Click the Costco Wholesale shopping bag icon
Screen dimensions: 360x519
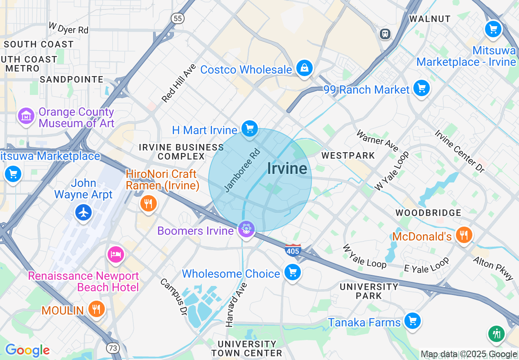tap(305, 68)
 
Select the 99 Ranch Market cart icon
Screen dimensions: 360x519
tap(421, 88)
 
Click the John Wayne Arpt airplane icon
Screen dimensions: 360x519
tap(84, 212)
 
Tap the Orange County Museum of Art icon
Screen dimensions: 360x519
tap(26, 116)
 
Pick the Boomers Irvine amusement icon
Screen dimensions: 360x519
tap(246, 229)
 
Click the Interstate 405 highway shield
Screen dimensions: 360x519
tap(293, 250)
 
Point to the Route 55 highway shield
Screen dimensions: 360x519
tap(178, 18)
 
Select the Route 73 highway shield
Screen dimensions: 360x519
tap(113, 348)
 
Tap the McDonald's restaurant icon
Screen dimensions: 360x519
tap(463, 235)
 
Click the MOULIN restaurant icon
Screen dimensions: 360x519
tap(96, 309)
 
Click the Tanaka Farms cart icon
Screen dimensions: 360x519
tap(412, 321)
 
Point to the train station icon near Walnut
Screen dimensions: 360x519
tap(385, 34)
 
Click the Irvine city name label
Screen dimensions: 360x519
tap(287, 168)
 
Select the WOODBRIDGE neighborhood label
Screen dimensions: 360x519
tap(428, 213)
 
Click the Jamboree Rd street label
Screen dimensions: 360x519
tap(242, 171)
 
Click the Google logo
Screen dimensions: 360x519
tap(27, 350)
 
